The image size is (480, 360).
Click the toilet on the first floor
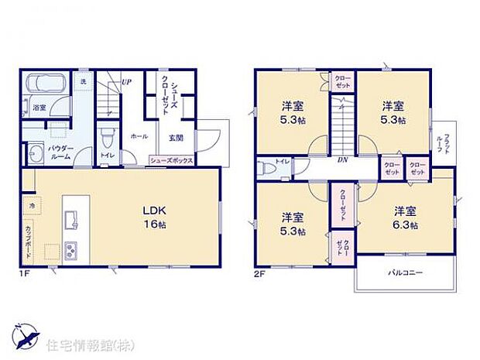(x=107, y=141)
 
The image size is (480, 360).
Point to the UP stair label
(x=125, y=81)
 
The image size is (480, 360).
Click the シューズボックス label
(x=170, y=160)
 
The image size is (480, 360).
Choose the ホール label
(x=139, y=135)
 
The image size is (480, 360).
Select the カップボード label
(x=28, y=237)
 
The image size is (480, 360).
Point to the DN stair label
(x=342, y=160)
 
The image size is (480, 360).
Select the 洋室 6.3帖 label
(x=404, y=218)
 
